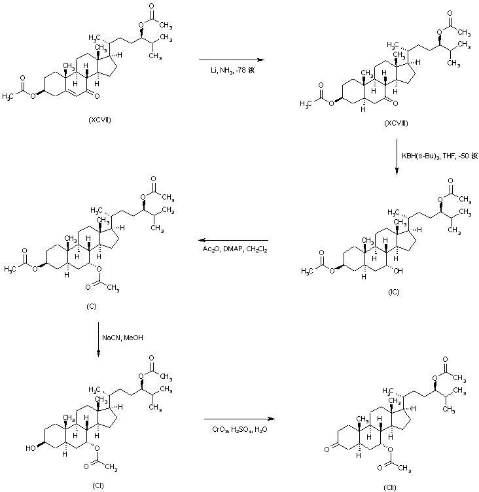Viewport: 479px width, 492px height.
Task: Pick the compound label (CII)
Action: pyautogui.click(x=390, y=486)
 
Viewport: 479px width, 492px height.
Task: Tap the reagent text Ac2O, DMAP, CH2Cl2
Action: pyautogui.click(x=235, y=249)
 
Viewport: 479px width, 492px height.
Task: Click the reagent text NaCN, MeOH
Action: pyautogui.click(x=122, y=338)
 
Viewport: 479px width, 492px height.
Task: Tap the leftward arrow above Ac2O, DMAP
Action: pyautogui.click(x=234, y=240)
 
